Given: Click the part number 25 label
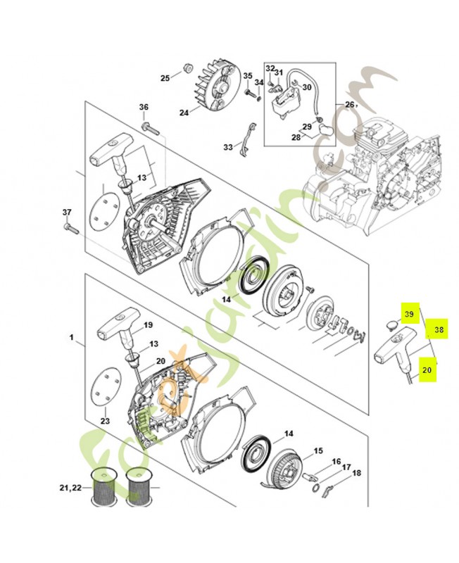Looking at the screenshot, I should pos(165,77).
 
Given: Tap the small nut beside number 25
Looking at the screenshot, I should pos(188,68).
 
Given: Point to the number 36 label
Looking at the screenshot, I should pos(144,107).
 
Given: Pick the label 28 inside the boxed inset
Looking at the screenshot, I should pos(296,138).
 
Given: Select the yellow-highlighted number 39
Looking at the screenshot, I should pos(409,314).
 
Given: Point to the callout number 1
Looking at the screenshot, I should pos(72,338).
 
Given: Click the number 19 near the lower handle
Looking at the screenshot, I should pos(148,325).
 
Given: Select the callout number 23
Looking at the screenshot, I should pos(106,421).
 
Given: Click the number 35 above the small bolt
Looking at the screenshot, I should pos(248,75).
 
